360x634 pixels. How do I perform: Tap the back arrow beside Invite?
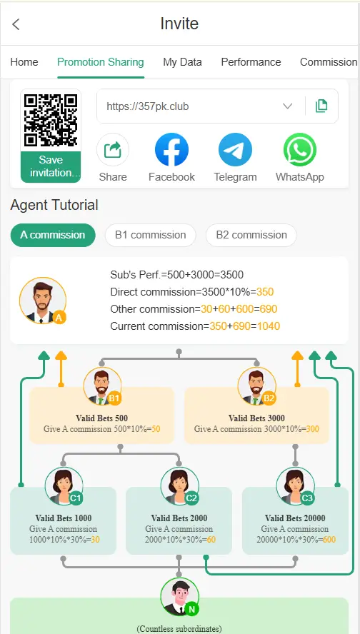[x=16, y=24]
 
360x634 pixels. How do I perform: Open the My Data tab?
[x=182, y=62]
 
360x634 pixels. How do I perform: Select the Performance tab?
[x=251, y=62]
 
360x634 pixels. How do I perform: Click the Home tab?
[x=24, y=62]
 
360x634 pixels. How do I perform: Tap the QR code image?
[x=51, y=121]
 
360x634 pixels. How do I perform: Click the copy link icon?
[x=321, y=106]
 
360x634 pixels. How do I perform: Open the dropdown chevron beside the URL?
[x=288, y=106]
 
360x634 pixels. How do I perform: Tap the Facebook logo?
[x=171, y=150]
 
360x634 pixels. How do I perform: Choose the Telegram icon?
[x=236, y=150]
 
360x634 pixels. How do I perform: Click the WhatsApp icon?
[x=300, y=150]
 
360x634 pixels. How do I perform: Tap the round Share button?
[x=113, y=150]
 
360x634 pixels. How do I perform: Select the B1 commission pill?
[x=151, y=235]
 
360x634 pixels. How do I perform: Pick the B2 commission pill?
[x=251, y=235]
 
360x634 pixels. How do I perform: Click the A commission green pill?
[x=53, y=235]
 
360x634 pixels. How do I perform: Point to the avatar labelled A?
[x=42, y=301]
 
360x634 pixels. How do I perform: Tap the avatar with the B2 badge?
[x=257, y=386]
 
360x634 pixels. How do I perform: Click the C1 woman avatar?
[x=64, y=486]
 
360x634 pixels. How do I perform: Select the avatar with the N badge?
[x=179, y=597]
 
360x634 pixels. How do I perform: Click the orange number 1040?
[x=269, y=326]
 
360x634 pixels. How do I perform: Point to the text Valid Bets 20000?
[x=295, y=518]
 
